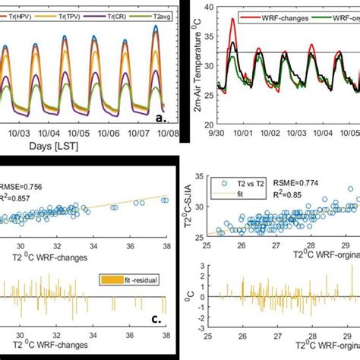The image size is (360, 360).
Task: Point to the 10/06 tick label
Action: click(x=109, y=130)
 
